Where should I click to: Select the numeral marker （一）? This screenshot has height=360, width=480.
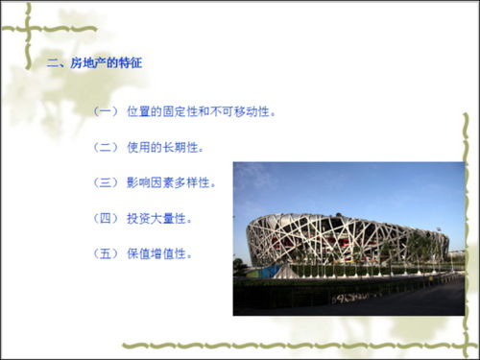pyautogui.click(x=105, y=112)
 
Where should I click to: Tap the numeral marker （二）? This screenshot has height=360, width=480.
pyautogui.click(x=105, y=148)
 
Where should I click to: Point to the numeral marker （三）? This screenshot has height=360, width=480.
pyautogui.click(x=105, y=182)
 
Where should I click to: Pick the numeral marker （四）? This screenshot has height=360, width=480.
pyautogui.click(x=105, y=218)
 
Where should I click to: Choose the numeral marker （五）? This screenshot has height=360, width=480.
pyautogui.click(x=105, y=253)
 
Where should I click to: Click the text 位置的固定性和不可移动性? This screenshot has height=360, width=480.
pyautogui.click(x=202, y=112)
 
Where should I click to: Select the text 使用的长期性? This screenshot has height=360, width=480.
pyautogui.click(x=165, y=148)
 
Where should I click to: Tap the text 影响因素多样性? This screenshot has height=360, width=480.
pyautogui.click(x=172, y=182)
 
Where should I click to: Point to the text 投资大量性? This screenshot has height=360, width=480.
pyautogui.click(x=159, y=218)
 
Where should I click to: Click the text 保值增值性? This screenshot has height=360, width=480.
pyautogui.click(x=159, y=253)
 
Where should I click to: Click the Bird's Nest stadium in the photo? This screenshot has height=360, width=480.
pyautogui.click(x=346, y=235)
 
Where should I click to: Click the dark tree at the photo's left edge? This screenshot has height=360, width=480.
pyautogui.click(x=239, y=266)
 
